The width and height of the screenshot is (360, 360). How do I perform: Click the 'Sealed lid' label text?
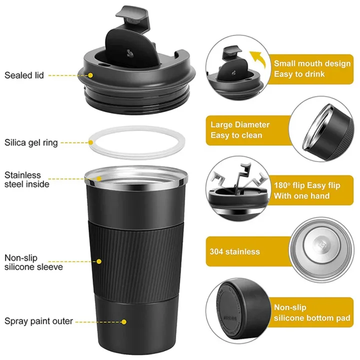pyautogui.click(x=24, y=75)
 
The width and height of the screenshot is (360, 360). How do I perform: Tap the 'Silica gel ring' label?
pyautogui.click(x=31, y=143)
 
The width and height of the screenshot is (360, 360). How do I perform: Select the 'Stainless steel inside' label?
pyautogui.click(x=27, y=180)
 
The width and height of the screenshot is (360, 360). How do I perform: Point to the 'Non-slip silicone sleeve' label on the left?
pyautogui.click(x=33, y=262)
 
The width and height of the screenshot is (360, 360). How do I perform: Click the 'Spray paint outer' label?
pyautogui.click(x=39, y=321)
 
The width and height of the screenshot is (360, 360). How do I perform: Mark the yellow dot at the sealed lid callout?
pyautogui.click(x=91, y=75)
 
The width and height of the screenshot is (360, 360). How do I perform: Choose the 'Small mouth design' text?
pyautogui.click(x=312, y=63)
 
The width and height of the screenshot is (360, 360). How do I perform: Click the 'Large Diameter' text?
pyautogui.click(x=240, y=124)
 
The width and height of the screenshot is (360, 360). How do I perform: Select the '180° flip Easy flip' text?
pyautogui.click(x=307, y=185)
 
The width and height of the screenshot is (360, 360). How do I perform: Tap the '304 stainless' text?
pyautogui.click(x=235, y=251)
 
